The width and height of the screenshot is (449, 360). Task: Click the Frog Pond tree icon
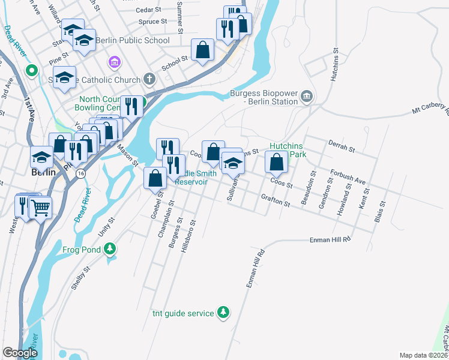(x=110, y=248)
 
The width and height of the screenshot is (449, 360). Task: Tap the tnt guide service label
(x=183, y=313)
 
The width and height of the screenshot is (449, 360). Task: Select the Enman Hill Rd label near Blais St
(x=330, y=239)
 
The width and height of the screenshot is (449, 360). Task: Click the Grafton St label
(x=276, y=201)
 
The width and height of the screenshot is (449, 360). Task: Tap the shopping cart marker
(x=40, y=208)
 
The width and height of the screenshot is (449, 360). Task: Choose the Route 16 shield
(x=80, y=172)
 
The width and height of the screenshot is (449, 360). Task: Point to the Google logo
(x=20, y=353)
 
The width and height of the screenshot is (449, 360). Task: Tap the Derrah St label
(x=343, y=146)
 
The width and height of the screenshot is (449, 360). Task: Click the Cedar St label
(x=148, y=10)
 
